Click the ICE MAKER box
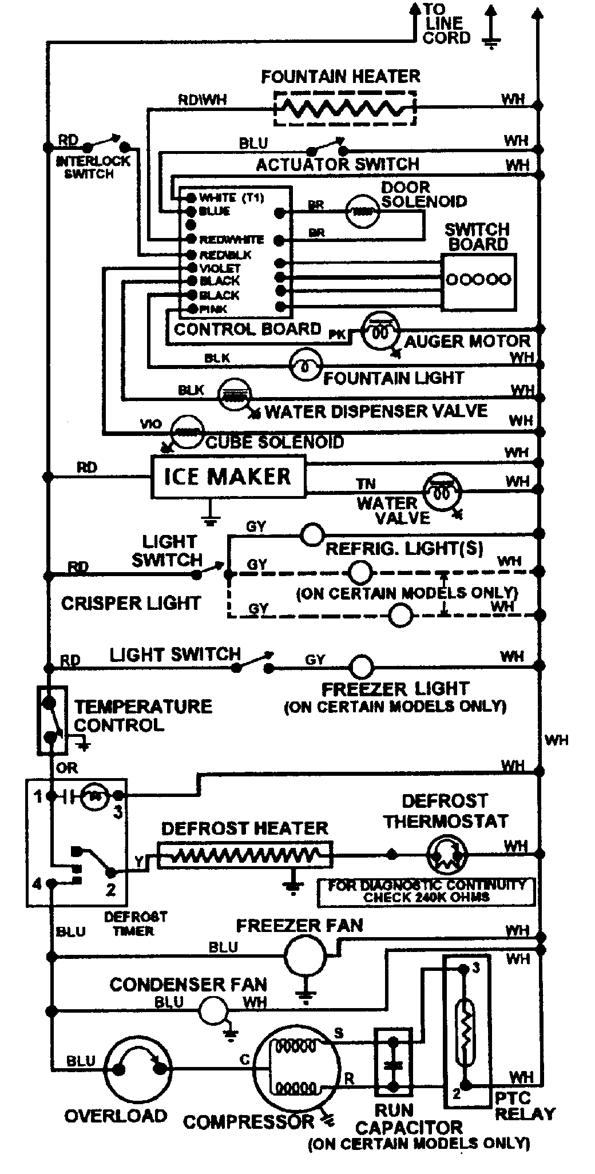coord(228,477)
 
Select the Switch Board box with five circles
coord(478,280)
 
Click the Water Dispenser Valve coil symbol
coord(235,395)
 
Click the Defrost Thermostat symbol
coord(446,855)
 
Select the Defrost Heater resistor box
coord(244,855)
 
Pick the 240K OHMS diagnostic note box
coord(426,891)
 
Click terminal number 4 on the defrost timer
coord(38,884)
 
